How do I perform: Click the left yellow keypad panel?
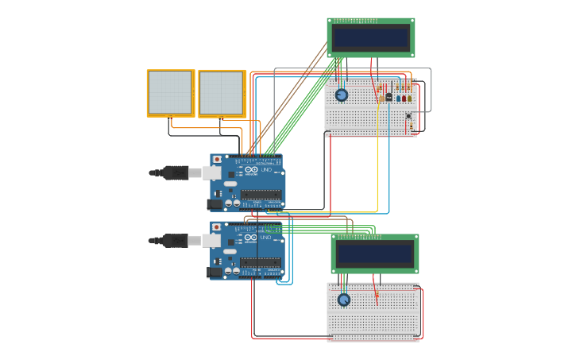(170, 93)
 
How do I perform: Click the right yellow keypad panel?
(222, 94)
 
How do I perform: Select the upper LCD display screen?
(371, 37)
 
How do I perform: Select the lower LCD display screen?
(374, 254)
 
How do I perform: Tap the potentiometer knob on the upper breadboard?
(342, 95)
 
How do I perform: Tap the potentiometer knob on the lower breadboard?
(344, 300)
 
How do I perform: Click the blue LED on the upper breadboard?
(398, 99)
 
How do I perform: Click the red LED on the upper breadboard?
(404, 99)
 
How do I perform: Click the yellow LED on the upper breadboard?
(410, 99)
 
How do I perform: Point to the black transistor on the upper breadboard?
(389, 97)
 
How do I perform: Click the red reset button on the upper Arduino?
(217, 160)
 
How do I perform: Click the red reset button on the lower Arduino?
(217, 227)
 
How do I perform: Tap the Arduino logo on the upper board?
(251, 170)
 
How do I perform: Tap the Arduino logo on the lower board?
(251, 238)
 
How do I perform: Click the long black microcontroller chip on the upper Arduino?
(261, 194)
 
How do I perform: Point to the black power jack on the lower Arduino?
(215, 272)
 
